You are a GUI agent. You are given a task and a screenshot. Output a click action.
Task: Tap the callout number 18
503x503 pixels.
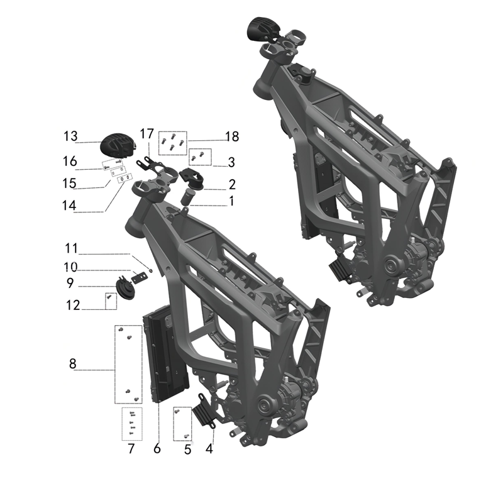click(x=233, y=136)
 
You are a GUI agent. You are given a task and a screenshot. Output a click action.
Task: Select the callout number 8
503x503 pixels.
click(x=73, y=363)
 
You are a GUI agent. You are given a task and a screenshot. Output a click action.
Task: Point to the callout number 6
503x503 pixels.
click(x=157, y=449)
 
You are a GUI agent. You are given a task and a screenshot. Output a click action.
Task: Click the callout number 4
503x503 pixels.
click(x=209, y=449)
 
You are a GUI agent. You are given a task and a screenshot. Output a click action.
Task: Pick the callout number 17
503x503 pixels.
click(x=146, y=133)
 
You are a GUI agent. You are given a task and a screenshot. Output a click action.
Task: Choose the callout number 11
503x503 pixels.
click(x=72, y=246)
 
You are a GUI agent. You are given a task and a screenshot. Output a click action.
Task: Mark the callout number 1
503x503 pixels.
click(x=231, y=201)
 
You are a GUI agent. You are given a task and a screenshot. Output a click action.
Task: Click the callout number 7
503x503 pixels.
click(x=131, y=449)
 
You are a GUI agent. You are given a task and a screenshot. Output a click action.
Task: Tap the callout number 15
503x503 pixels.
click(x=70, y=183)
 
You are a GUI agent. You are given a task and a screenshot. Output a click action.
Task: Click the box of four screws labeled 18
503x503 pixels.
click(x=173, y=141)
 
